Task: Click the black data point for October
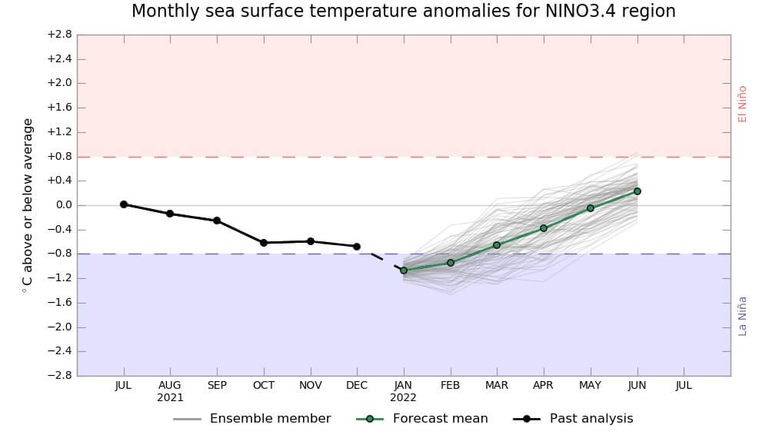coord(264,243)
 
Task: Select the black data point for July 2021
coord(123,204)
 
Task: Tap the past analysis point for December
coord(357,247)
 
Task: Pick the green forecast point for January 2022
coord(404,270)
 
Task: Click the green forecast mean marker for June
coord(638,191)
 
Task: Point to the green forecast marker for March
coord(497,245)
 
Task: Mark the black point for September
coord(217,221)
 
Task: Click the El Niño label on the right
coord(742,104)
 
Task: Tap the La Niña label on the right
coord(742,316)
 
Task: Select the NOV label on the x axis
coord(311,385)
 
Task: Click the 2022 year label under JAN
coord(404,398)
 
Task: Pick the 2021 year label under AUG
coord(170,398)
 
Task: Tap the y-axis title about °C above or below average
coord(28,205)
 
